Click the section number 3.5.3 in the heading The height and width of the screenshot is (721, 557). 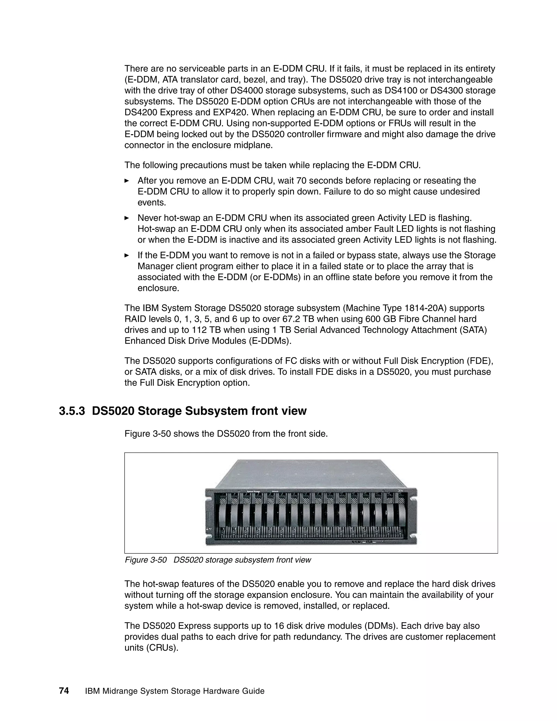click(x=72, y=411)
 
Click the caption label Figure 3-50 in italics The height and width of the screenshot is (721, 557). click(x=146, y=560)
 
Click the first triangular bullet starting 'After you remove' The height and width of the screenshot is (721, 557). click(x=126, y=181)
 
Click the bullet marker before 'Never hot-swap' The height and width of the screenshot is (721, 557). click(x=126, y=218)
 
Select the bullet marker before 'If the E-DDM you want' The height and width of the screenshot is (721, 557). click(x=126, y=255)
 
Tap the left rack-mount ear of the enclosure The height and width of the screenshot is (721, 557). click(x=209, y=517)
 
